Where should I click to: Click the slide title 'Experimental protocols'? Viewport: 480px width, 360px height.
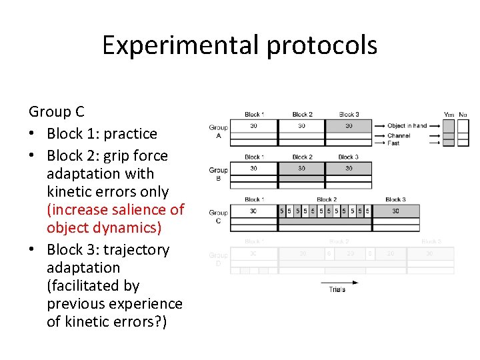(239, 45)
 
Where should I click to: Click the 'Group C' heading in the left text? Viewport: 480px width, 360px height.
(57, 111)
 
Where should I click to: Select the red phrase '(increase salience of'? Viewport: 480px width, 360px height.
(115, 209)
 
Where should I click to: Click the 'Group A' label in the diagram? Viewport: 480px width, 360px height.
(218, 131)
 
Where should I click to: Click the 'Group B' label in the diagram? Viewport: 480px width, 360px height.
(218, 173)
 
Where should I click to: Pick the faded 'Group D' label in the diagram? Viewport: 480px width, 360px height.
(218, 259)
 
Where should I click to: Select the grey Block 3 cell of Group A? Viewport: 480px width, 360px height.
(348, 126)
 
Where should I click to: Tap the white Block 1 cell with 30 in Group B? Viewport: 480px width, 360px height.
(253, 169)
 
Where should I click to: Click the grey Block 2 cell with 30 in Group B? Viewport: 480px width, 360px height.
(301, 169)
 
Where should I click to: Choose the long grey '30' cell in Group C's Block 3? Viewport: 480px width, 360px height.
(395, 211)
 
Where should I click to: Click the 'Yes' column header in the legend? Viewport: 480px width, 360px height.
(449, 115)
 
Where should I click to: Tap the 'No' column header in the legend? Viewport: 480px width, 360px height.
(463, 115)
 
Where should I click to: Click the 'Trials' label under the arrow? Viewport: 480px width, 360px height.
(337, 289)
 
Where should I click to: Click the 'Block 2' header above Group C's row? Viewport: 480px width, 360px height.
(326, 199)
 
